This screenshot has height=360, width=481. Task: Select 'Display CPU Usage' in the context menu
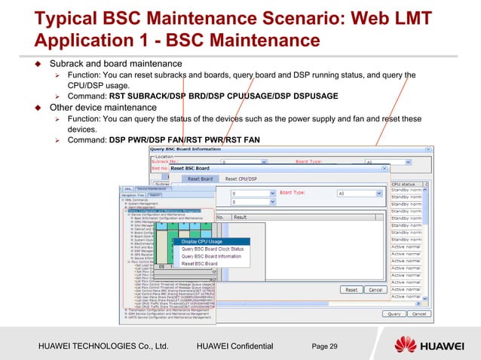click(201, 241)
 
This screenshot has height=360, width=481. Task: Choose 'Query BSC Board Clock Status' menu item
click(213, 249)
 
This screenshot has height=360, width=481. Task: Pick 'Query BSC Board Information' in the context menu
click(211, 256)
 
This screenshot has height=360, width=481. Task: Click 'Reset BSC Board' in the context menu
click(200, 264)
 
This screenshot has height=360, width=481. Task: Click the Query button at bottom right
click(394, 313)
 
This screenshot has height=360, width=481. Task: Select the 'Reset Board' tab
click(200, 179)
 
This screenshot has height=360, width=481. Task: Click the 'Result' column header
click(240, 217)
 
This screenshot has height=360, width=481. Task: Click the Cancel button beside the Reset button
click(375, 289)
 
